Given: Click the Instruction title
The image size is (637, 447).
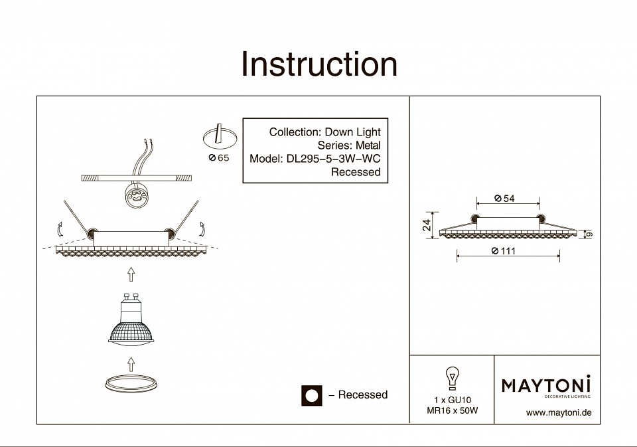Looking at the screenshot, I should click(318, 64).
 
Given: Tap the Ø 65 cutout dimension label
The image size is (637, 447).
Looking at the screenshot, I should click(218, 158).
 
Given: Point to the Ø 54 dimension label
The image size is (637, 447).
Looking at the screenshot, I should click(505, 199).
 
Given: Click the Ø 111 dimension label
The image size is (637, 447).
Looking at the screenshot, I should click(504, 250).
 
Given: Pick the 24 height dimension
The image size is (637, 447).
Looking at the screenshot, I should click(428, 224).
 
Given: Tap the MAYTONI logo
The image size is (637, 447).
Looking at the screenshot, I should click(546, 385).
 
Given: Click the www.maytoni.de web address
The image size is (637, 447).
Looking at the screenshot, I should click(558, 412).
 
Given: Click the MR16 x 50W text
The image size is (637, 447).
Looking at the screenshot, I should click(452, 410).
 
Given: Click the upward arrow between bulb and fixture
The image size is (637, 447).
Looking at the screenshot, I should click(131, 273).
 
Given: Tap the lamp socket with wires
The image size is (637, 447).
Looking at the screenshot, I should click(136, 197).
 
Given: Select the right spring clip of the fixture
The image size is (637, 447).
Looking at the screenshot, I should click(188, 216).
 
